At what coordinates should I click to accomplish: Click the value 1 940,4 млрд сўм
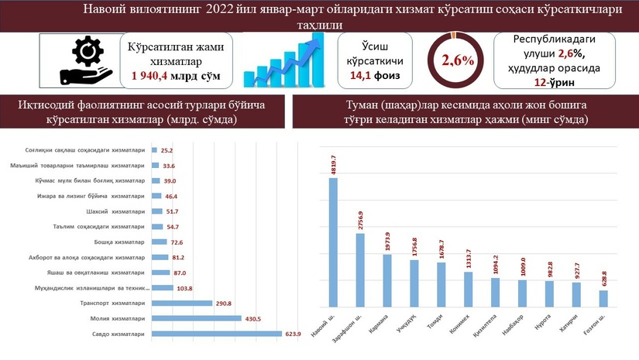click(176, 75)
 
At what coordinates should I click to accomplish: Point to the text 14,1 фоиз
click(374, 75)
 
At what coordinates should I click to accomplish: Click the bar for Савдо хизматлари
click(216, 334)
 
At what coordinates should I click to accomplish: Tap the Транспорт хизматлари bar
click(182, 303)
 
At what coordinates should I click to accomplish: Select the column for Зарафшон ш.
click(361, 270)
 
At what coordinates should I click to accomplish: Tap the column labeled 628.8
click(603, 298)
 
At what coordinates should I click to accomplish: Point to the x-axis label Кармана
click(384, 322)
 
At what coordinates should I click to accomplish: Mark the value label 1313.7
click(469, 259)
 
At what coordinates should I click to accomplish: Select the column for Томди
click(441, 285)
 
